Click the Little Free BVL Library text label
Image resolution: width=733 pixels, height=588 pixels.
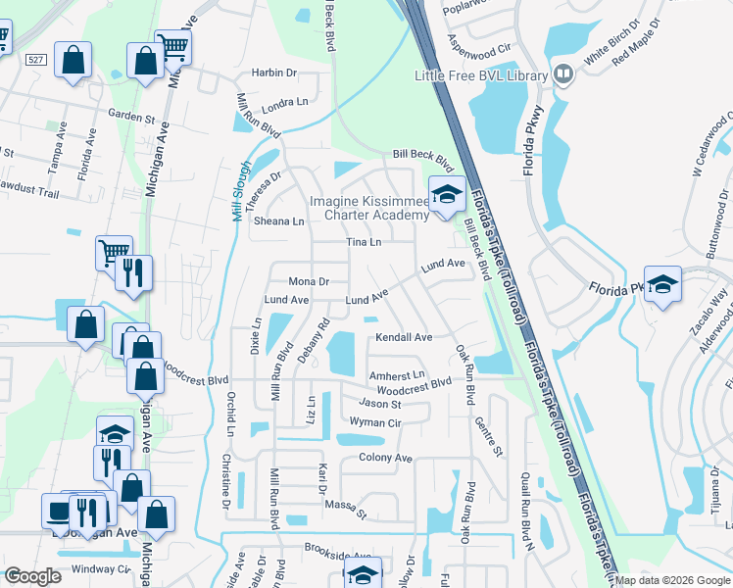click(480, 75)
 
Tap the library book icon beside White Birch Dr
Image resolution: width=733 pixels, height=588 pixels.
click(563, 75)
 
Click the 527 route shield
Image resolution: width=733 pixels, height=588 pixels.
click(36, 60)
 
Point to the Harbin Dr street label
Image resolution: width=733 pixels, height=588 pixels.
click(273, 73)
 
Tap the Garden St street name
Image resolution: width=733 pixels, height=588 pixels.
click(132, 117)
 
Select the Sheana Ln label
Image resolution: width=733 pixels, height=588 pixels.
click(279, 221)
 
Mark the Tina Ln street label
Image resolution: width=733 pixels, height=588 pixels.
click(363, 242)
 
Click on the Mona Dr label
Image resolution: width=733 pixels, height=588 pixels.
click(308, 281)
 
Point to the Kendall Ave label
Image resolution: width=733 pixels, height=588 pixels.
click(404, 337)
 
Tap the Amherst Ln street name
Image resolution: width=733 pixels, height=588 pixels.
click(397, 375)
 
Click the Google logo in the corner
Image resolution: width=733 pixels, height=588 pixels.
click(32, 576)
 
